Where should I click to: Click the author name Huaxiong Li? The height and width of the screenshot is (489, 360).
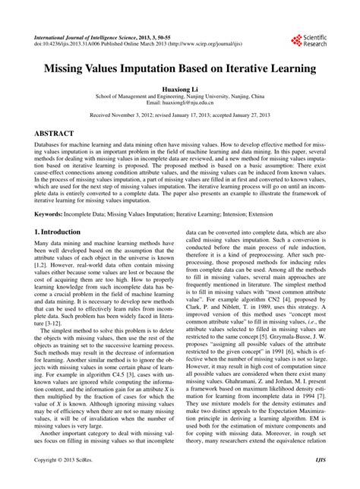tap(180, 88)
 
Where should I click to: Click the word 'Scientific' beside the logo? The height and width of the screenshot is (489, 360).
tap(317, 36)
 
